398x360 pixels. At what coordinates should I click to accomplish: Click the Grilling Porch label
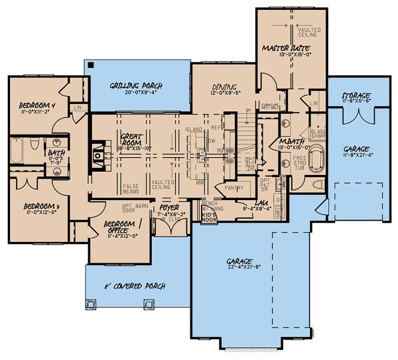[x=137, y=86]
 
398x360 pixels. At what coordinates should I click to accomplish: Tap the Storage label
[x=356, y=96]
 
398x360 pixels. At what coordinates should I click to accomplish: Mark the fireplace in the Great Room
[x=98, y=154]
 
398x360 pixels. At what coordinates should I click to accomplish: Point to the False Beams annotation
[x=131, y=188]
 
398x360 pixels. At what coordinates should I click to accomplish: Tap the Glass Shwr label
[x=318, y=135]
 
